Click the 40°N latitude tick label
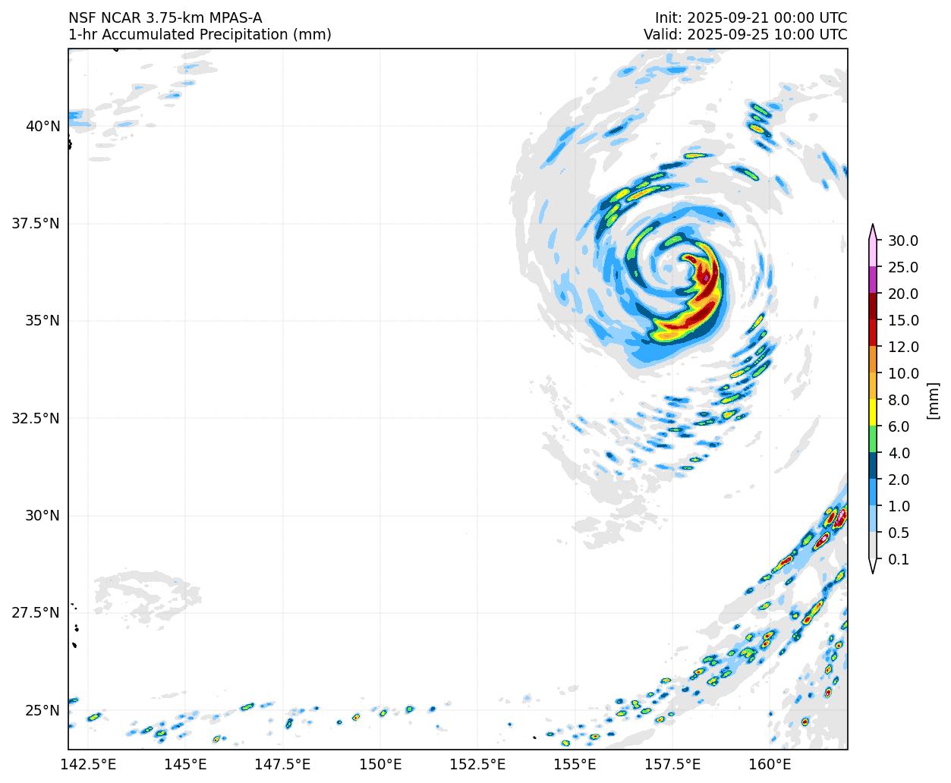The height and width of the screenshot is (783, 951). pos(43,126)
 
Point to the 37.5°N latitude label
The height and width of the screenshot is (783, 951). pos(36,223)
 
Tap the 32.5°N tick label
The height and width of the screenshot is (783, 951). pos(36,418)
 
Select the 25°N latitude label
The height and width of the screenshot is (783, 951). pos(43,710)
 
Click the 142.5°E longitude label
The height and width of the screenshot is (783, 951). pos(89,763)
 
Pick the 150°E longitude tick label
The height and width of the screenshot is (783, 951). pos(380,763)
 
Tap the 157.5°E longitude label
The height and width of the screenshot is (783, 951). pos(672,763)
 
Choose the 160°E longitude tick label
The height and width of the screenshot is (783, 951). pos(770,763)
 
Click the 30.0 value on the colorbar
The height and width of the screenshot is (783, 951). pos(903,241)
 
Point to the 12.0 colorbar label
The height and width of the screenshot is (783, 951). pos(903,347)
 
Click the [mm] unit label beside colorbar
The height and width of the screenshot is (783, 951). pos(934,400)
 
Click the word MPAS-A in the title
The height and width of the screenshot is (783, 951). pos(234,18)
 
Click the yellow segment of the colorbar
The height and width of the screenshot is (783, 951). pos(873,413)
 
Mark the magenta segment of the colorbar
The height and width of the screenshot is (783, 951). pos(873,280)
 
